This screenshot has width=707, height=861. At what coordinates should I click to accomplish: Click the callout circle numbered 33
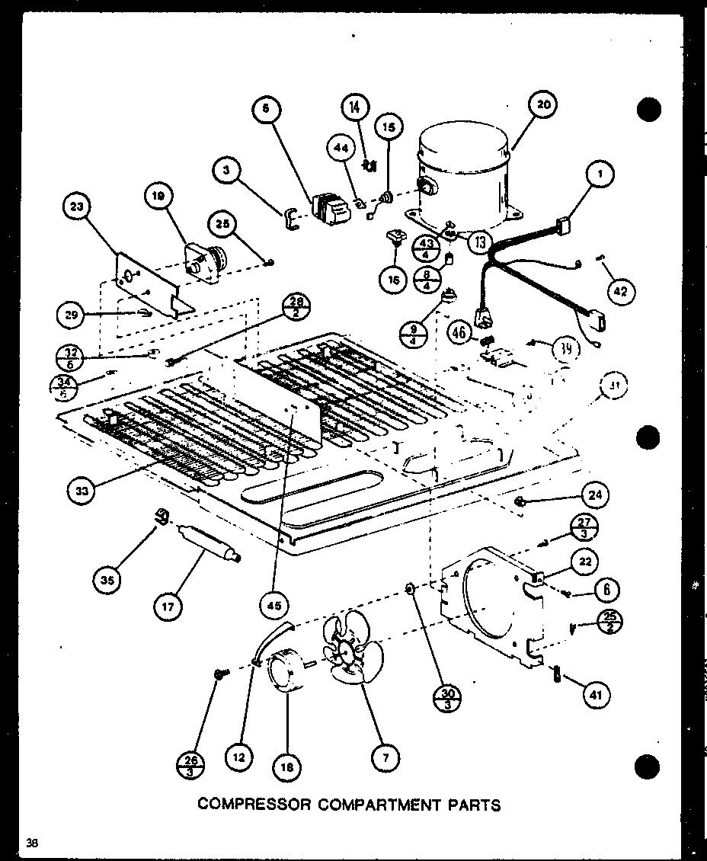tap(82, 491)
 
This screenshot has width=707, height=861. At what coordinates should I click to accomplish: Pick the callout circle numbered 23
tap(78, 208)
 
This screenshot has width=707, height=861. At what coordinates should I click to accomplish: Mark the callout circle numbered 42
tap(622, 290)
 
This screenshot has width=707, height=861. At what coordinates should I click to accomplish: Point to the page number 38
tap(31, 842)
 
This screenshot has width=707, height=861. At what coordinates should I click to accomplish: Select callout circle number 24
tap(594, 495)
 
